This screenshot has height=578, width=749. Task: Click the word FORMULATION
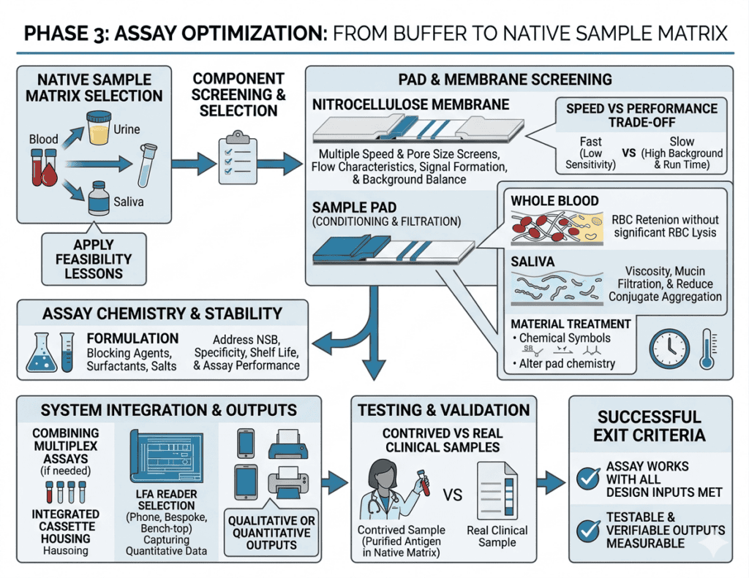(132, 339)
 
